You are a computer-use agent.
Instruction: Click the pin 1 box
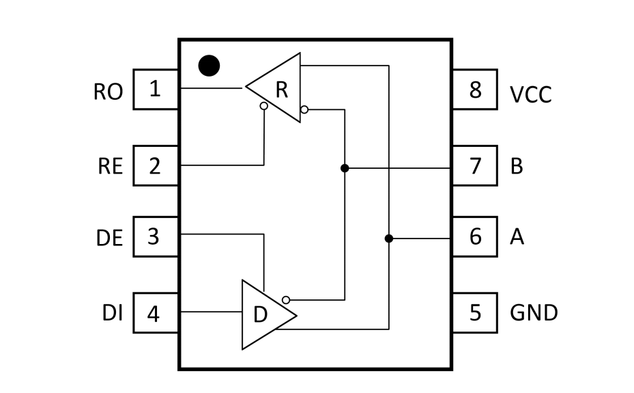click(x=156, y=90)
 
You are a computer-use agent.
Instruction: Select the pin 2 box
click(x=156, y=165)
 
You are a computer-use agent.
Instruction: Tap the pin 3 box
click(x=156, y=236)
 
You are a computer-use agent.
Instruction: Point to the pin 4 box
click(x=156, y=313)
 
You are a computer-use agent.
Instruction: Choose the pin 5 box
click(x=475, y=313)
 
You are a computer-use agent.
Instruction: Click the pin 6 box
click(x=475, y=236)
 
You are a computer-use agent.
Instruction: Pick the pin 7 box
click(x=475, y=165)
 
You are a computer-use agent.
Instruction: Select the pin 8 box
click(x=475, y=90)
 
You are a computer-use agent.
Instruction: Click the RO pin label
click(x=108, y=92)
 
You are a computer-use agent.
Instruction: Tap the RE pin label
click(x=110, y=166)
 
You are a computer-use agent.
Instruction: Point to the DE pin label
click(x=109, y=238)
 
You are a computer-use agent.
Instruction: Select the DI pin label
click(x=113, y=313)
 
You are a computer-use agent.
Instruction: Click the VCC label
click(x=530, y=95)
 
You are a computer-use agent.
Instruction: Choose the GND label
click(x=534, y=313)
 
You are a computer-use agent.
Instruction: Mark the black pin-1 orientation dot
click(x=209, y=66)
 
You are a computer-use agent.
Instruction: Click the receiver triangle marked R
click(x=274, y=87)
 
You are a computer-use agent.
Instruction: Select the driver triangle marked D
click(x=270, y=314)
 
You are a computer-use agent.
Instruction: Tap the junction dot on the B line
click(x=345, y=168)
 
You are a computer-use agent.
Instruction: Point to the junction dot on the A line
click(x=388, y=239)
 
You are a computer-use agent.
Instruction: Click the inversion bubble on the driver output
click(x=286, y=300)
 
